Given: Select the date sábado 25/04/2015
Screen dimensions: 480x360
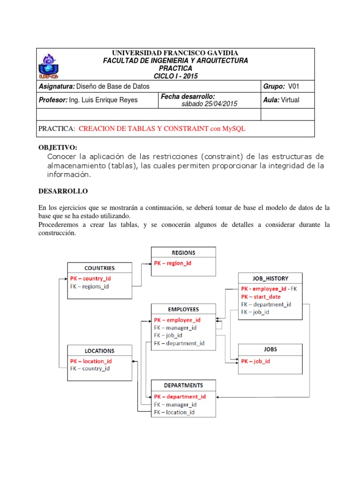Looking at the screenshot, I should click(x=210, y=104).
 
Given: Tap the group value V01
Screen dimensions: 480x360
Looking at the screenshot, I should click(x=293, y=87).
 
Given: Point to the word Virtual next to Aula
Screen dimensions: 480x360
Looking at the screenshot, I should click(x=290, y=100).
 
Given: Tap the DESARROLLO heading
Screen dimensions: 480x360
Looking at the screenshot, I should click(x=62, y=192).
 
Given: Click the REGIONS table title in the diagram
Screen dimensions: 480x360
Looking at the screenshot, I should click(x=183, y=253).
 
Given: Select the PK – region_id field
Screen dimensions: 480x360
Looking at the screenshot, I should click(x=172, y=263).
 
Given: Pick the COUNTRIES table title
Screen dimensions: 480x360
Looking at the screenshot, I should click(x=99, y=268).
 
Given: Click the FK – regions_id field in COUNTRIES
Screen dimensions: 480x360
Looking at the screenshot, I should click(x=89, y=286).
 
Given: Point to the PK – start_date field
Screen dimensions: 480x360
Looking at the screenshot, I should click(x=261, y=297).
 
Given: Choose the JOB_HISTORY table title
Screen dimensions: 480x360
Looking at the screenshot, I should click(x=270, y=278).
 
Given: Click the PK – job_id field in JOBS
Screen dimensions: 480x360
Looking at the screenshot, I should click(x=255, y=361).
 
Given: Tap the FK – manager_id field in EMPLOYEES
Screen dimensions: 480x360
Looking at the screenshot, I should click(x=175, y=328).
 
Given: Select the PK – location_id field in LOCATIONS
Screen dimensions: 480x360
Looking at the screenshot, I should click(x=91, y=361).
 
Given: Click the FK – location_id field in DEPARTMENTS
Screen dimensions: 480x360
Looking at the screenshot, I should click(x=174, y=412).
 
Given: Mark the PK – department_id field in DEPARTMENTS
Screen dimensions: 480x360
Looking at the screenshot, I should click(x=180, y=397).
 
